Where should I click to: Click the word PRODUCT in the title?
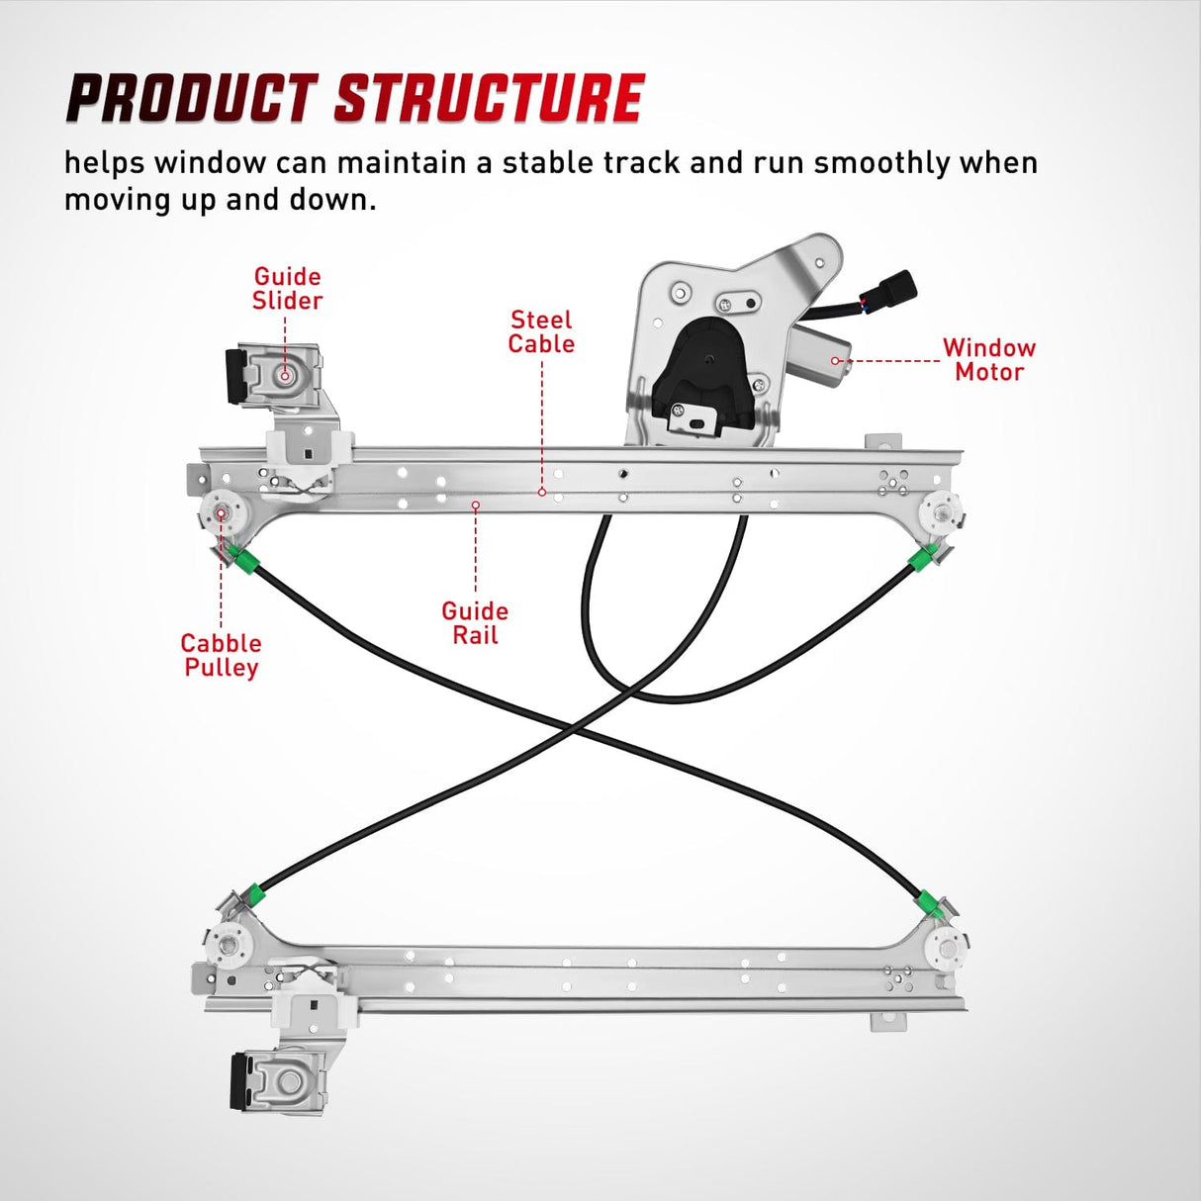click(x=189, y=99)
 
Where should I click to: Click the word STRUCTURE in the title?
click(x=489, y=99)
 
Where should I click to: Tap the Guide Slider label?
click(x=287, y=288)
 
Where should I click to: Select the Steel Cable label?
click(x=541, y=331)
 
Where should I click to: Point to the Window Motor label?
click(x=988, y=359)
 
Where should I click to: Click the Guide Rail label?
click(x=475, y=623)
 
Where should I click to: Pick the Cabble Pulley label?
click(x=221, y=655)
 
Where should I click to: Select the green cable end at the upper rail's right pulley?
click(x=921, y=560)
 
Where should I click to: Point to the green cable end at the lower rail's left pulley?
click(x=256, y=894)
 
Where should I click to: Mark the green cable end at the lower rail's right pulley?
click(x=928, y=901)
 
